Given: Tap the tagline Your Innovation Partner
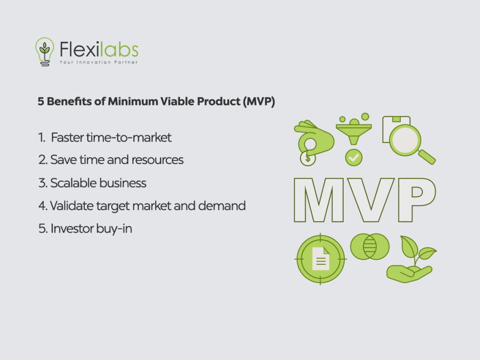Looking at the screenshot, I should point(98,62).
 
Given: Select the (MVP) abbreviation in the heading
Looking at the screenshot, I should point(258,102).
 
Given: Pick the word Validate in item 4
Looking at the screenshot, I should point(70,205).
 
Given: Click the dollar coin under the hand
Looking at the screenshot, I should point(307,158).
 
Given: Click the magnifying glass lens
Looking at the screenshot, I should point(405,140).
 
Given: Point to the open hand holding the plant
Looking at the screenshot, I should point(404,273).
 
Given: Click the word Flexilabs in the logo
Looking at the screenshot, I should point(99,49).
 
